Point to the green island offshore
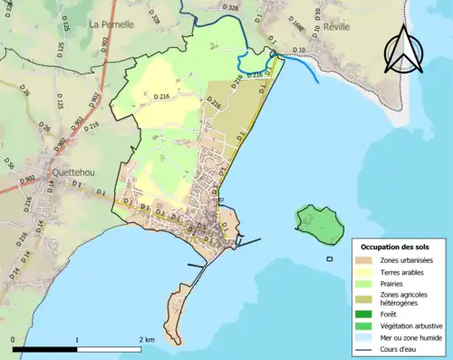(x=319, y=223)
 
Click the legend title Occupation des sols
(x=395, y=247)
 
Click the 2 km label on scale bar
(x=147, y=339)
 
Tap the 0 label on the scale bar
(x=14, y=339)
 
